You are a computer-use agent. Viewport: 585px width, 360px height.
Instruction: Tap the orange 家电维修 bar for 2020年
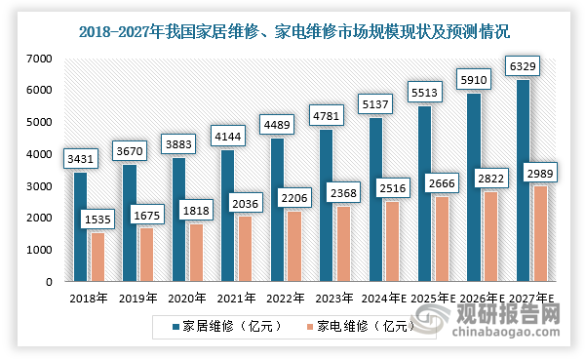click(x=195, y=253)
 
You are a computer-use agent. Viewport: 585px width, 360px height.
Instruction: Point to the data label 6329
click(x=523, y=65)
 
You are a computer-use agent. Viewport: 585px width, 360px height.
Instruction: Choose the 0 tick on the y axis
click(x=47, y=282)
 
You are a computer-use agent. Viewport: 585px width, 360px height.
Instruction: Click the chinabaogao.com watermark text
click(x=513, y=335)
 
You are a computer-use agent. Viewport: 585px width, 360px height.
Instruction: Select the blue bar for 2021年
click(x=227, y=216)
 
